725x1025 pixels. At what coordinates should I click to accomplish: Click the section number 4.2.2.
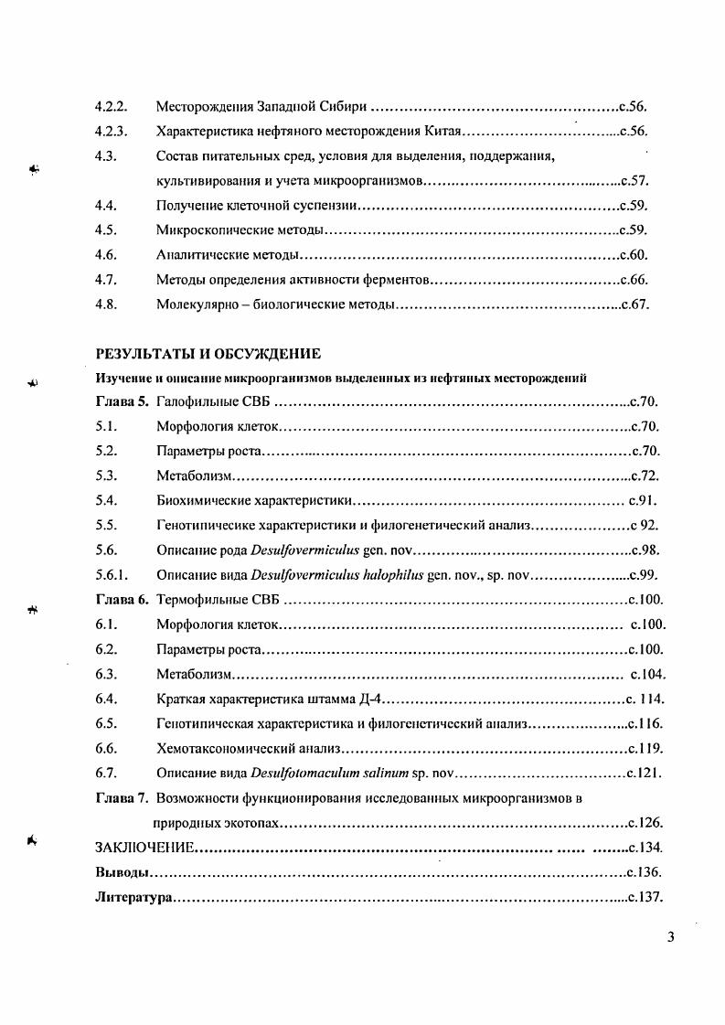click(x=110, y=106)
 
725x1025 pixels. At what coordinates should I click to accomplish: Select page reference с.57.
click(x=634, y=181)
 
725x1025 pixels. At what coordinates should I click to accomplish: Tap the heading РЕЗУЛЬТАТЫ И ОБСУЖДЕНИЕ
click(x=208, y=354)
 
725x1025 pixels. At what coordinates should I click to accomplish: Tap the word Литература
click(x=133, y=897)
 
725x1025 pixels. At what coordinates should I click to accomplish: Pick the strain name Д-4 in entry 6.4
click(x=377, y=699)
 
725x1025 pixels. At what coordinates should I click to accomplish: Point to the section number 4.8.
click(x=106, y=304)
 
